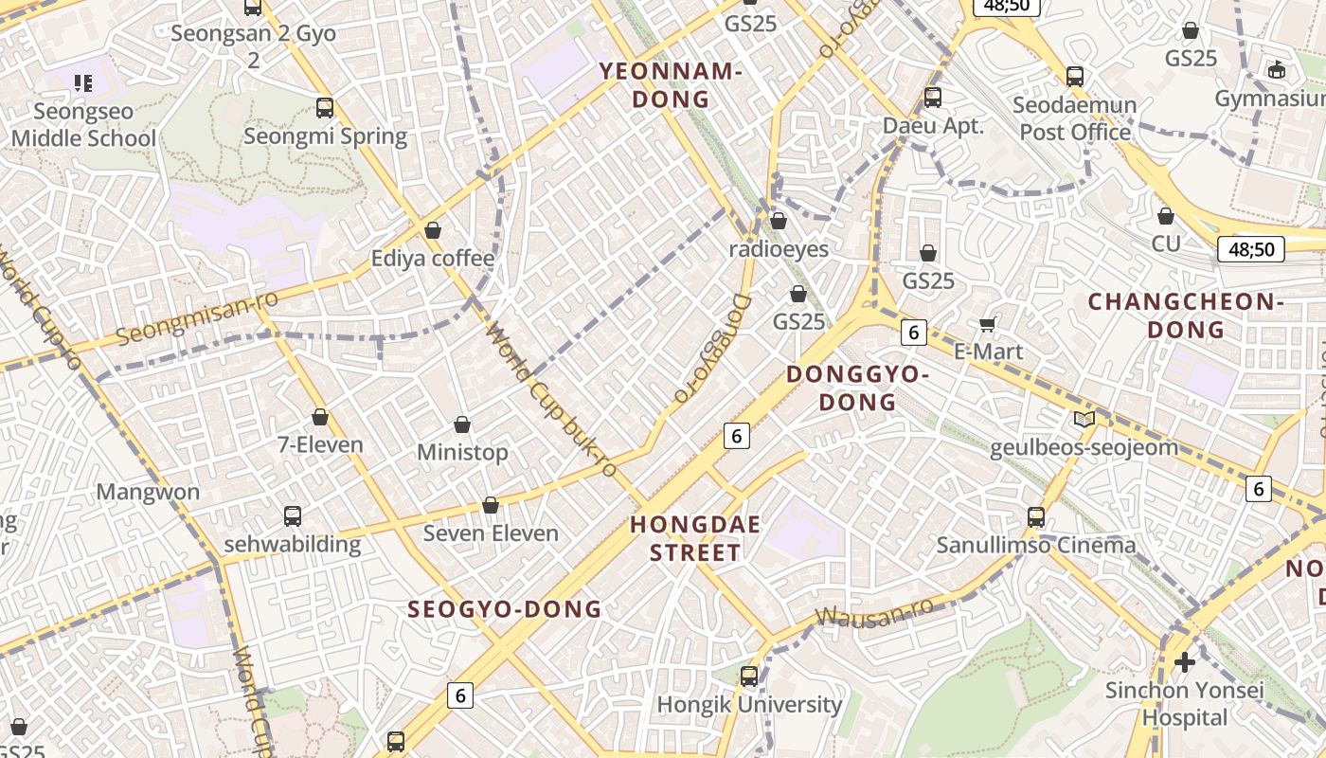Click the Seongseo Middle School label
click(x=83, y=125)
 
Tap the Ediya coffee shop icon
click(x=433, y=230)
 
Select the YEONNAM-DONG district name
click(x=671, y=85)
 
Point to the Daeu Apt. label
click(x=933, y=126)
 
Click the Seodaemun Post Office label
click(x=1075, y=118)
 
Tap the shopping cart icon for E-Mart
click(x=987, y=325)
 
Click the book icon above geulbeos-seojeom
click(x=1084, y=419)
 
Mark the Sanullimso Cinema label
click(x=1035, y=546)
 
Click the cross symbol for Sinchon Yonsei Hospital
click(x=1184, y=662)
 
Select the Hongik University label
click(x=749, y=705)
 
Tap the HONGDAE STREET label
click(x=695, y=538)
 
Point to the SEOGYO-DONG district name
click(x=504, y=609)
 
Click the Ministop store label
click(x=462, y=453)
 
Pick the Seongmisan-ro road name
click(x=197, y=320)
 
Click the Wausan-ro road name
click(x=873, y=611)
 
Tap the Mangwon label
click(x=148, y=492)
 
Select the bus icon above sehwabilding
click(x=293, y=516)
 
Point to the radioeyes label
click(x=779, y=249)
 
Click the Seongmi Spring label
click(x=325, y=136)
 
